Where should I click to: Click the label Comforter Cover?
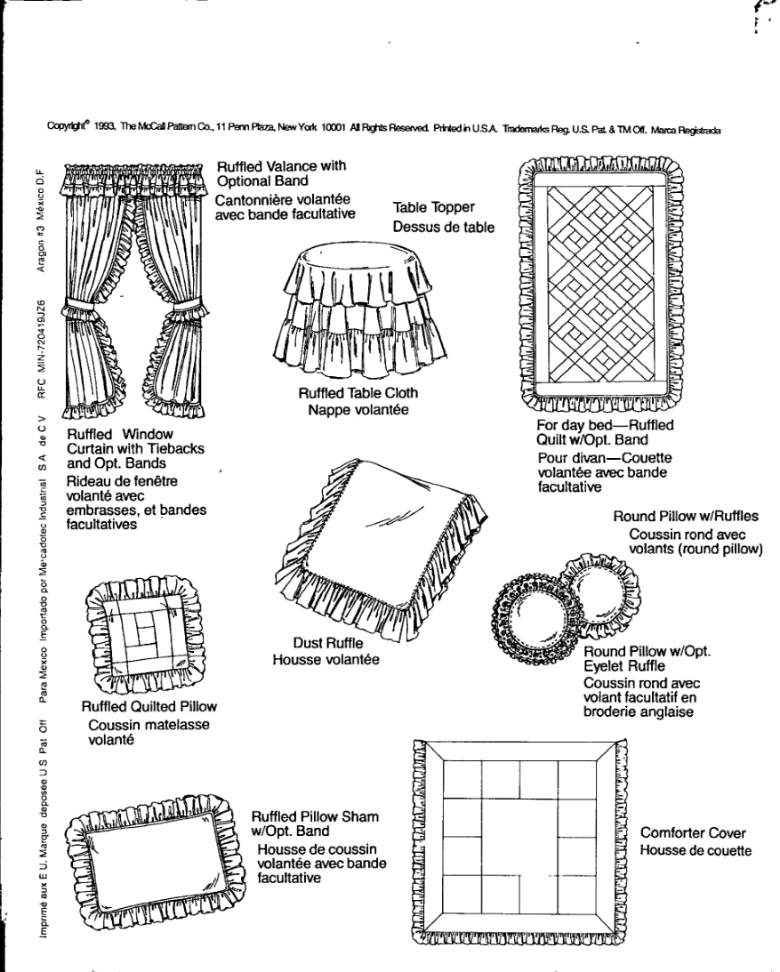pos(693,833)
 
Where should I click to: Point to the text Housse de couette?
pos(696,850)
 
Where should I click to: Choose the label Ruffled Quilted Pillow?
pos(149,707)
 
